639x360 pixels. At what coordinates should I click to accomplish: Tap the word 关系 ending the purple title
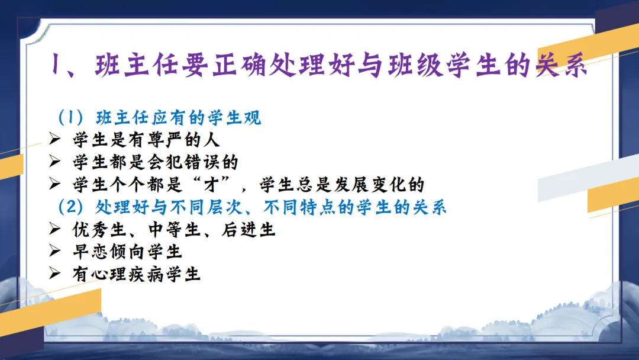pyautogui.click(x=562, y=65)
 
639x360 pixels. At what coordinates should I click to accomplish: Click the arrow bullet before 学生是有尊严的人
pyautogui.click(x=54, y=139)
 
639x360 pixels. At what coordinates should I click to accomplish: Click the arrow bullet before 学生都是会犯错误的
pyautogui.click(x=54, y=162)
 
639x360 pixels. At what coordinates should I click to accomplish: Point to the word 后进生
pyautogui.click(x=248, y=230)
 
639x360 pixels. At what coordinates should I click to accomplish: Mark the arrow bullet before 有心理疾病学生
pyautogui.click(x=54, y=273)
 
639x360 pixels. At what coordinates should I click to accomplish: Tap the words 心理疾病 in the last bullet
pyautogui.click(x=127, y=274)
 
